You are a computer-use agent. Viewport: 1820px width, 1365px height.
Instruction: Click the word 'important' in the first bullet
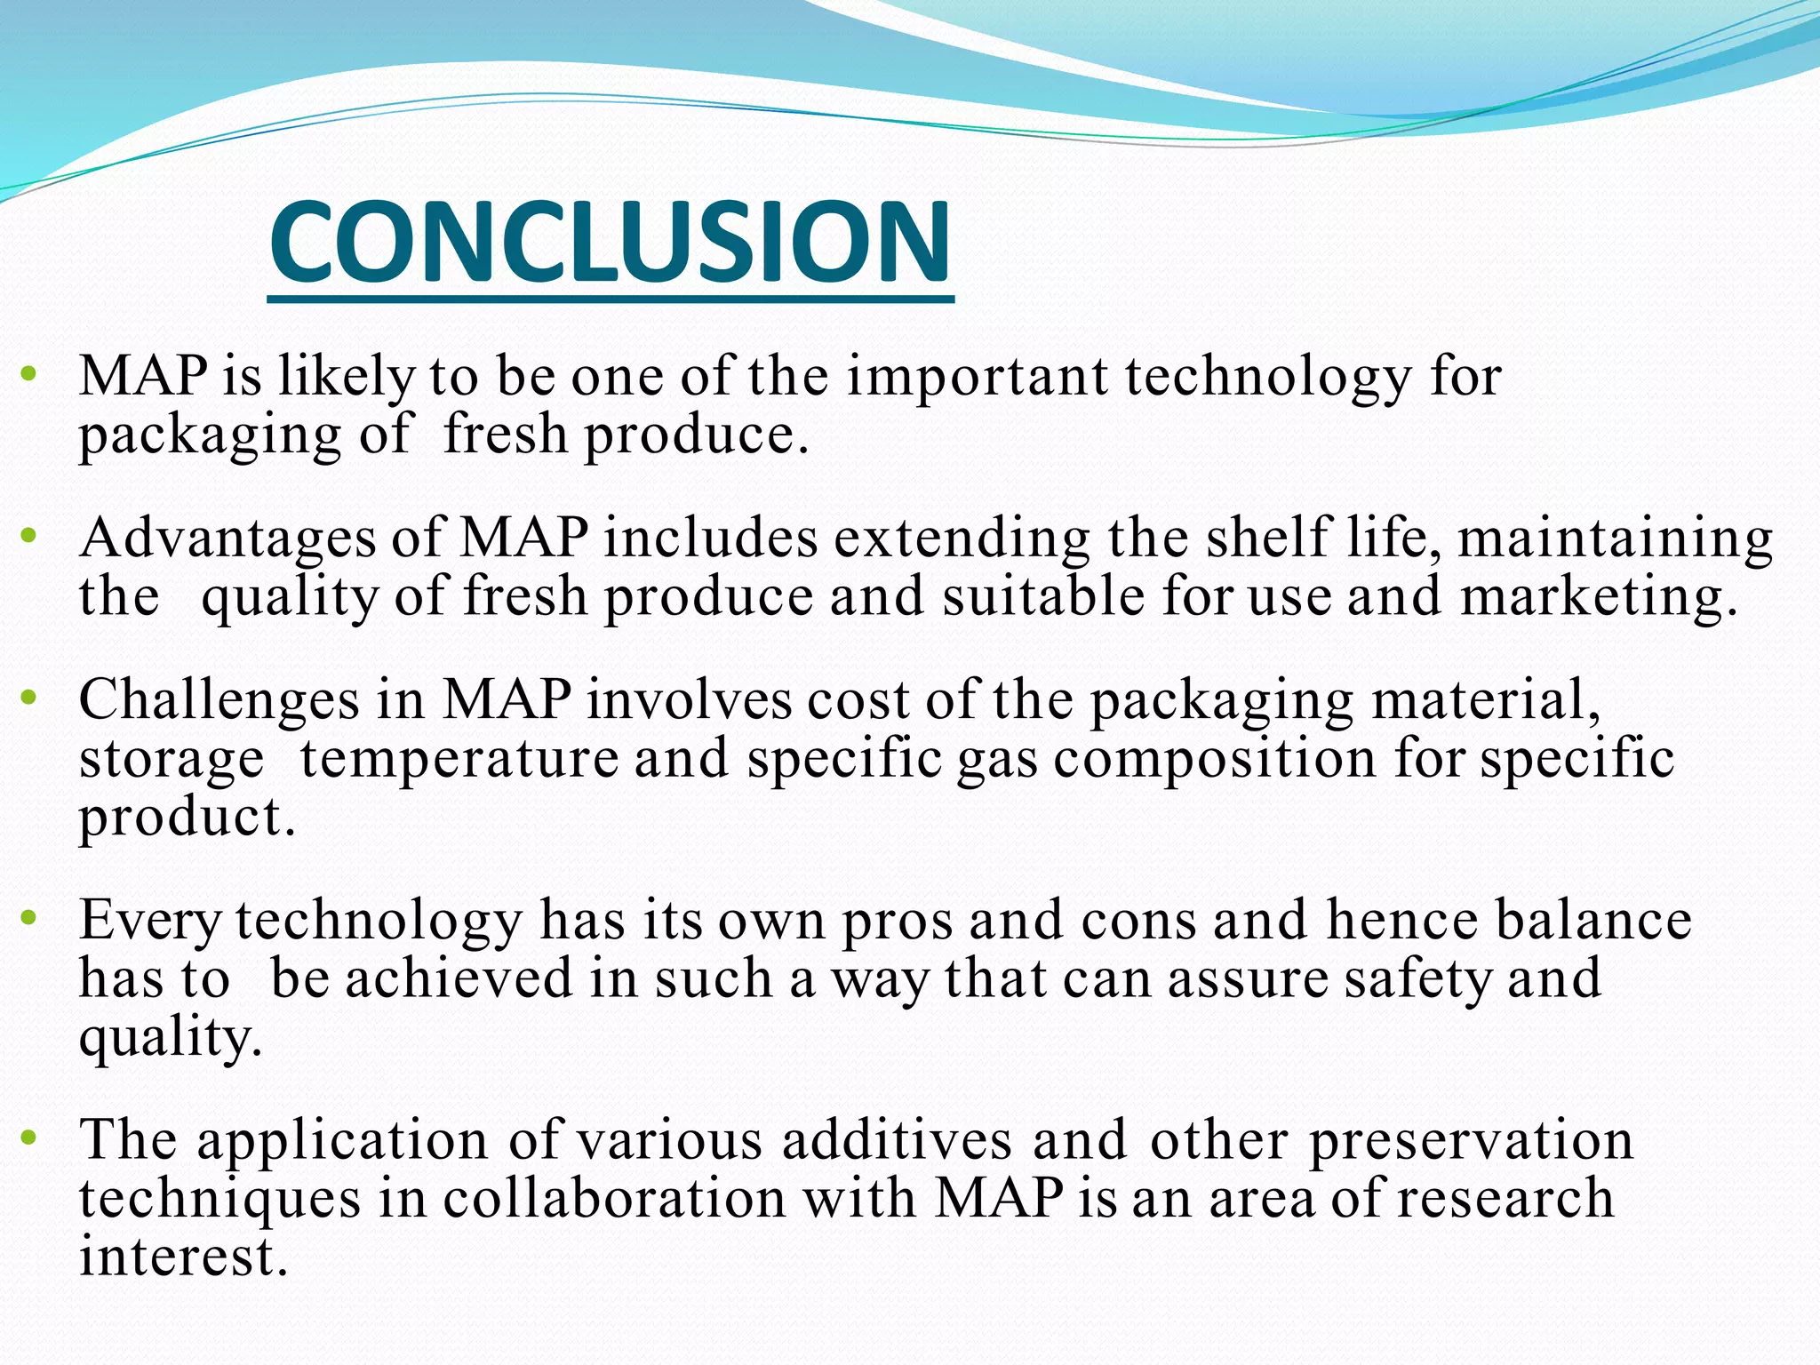977,377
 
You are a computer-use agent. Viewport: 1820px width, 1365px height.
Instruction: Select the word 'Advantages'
227,539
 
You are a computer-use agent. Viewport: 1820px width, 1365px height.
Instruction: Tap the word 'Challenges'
219,700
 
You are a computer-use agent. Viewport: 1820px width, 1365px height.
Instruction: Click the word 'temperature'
459,760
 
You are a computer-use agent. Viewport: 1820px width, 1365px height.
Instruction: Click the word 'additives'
897,1141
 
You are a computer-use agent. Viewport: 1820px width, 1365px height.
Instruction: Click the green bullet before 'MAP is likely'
29,374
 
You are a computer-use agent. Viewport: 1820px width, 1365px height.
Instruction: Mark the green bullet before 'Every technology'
29,918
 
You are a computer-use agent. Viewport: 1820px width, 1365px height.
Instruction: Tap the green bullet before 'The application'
29,1138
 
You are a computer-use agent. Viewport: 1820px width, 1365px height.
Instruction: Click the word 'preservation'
1471,1141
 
